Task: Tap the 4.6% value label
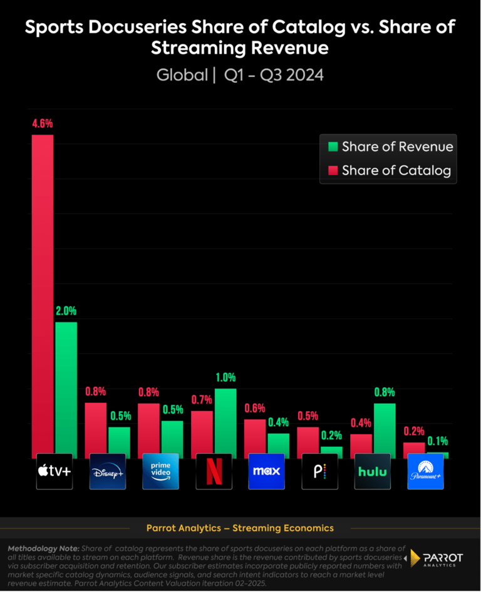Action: pyautogui.click(x=43, y=124)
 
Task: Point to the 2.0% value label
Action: pyautogui.click(x=66, y=311)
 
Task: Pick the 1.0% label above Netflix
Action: pyautogui.click(x=225, y=377)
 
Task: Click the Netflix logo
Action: pyautogui.click(x=214, y=471)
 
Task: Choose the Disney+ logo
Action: pyautogui.click(x=108, y=471)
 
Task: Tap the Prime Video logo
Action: pyautogui.click(x=161, y=471)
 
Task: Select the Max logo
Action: pyautogui.click(x=267, y=471)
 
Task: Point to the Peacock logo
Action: pyautogui.click(x=319, y=471)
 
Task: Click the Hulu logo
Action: pyautogui.click(x=373, y=471)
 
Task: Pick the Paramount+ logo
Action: pyautogui.click(x=425, y=471)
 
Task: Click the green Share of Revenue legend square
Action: pyautogui.click(x=333, y=147)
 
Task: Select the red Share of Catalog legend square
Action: pyautogui.click(x=333, y=170)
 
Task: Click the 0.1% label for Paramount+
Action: pyautogui.click(x=437, y=441)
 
